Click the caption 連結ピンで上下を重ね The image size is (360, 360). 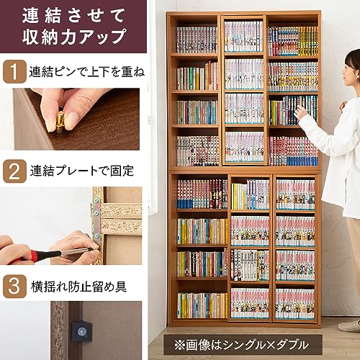tap(87, 73)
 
